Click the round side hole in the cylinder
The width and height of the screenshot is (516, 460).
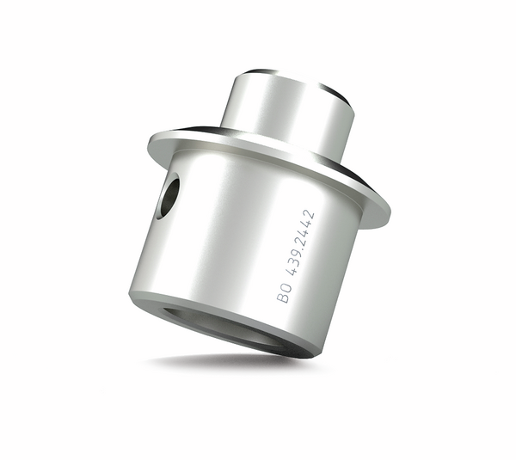tap(169, 196)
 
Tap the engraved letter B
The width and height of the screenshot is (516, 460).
tap(282, 297)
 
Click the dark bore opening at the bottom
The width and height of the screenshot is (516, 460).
tap(230, 327)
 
